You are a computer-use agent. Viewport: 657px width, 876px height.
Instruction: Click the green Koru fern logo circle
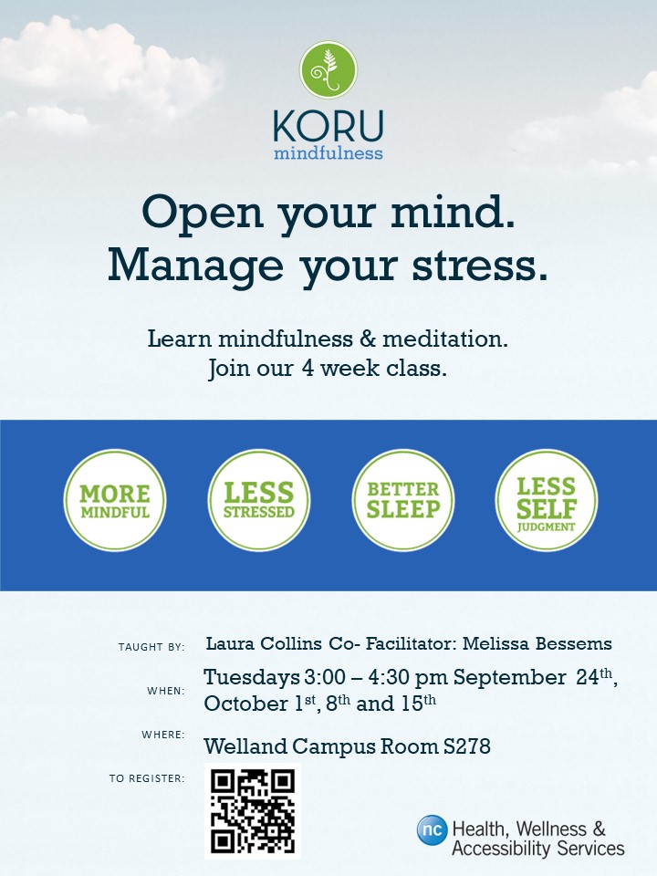[328, 70]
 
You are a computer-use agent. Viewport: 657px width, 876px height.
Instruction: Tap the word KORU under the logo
[328, 126]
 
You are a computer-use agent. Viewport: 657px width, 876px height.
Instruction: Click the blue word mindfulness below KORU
[328, 152]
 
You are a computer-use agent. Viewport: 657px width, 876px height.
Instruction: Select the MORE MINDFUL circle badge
[115, 501]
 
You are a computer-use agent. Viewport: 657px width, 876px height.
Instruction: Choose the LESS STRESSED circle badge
[258, 501]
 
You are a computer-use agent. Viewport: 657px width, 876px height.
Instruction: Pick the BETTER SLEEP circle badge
[402, 501]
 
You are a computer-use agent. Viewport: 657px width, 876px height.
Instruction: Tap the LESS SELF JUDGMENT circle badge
[547, 501]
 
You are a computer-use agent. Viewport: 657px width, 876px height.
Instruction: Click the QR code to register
[253, 811]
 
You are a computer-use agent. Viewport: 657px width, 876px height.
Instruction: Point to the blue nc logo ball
[432, 829]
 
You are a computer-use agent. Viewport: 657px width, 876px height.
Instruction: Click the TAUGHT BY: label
[151, 647]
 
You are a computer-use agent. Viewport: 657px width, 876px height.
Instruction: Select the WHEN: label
[166, 691]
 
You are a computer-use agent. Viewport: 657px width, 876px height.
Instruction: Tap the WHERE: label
[163, 734]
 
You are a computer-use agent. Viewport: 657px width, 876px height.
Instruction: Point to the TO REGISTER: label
[147, 778]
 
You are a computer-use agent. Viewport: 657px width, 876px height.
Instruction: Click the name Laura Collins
[264, 643]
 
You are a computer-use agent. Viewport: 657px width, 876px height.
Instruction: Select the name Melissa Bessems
[537, 643]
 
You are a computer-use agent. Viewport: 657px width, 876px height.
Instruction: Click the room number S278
[467, 746]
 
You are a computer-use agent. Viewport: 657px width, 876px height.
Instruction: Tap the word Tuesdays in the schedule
[252, 678]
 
